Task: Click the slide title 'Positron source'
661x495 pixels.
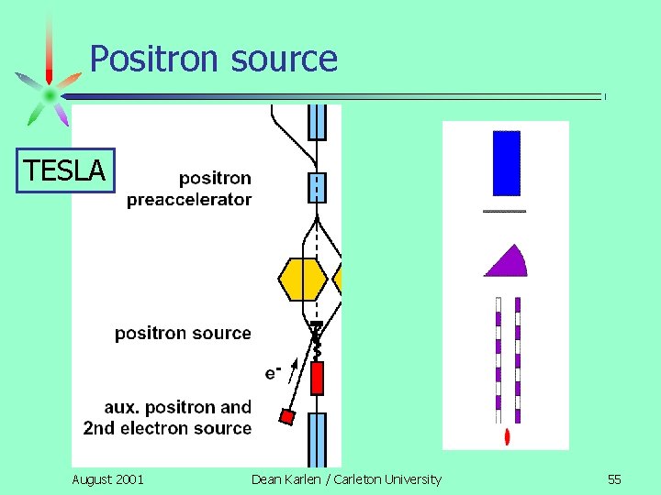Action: (x=214, y=59)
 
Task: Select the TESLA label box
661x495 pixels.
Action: (x=66, y=170)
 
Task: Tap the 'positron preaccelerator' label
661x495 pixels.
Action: (x=189, y=188)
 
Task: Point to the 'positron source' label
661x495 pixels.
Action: (x=183, y=333)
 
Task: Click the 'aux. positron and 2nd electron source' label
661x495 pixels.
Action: (x=167, y=417)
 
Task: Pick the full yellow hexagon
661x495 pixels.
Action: (x=303, y=280)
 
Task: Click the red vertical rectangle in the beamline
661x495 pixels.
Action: (x=318, y=378)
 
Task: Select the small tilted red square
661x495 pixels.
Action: (x=287, y=417)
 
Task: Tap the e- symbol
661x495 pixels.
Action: (x=273, y=372)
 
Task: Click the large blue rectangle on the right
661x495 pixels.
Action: (x=507, y=163)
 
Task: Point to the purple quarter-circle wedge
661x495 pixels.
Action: (x=509, y=261)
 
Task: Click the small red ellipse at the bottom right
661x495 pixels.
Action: (x=508, y=436)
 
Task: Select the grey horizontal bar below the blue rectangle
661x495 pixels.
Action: (x=504, y=211)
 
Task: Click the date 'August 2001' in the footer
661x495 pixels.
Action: (x=107, y=478)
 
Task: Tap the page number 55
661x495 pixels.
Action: (x=614, y=478)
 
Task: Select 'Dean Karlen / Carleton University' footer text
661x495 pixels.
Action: (x=346, y=478)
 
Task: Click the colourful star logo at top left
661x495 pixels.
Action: (x=49, y=94)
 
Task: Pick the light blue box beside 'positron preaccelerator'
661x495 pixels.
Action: (x=317, y=187)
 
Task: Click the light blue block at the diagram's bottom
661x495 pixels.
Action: (x=317, y=439)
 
